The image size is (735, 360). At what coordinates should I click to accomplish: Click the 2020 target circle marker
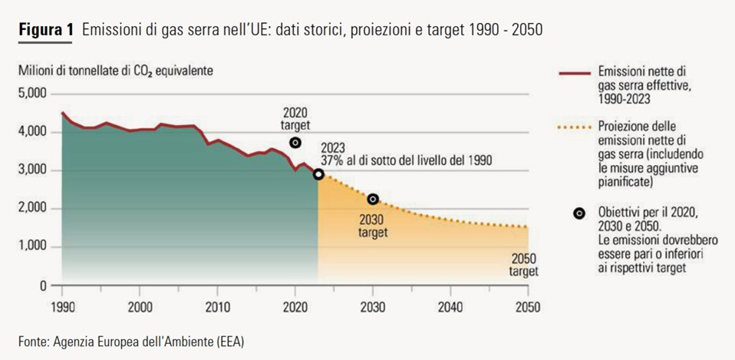pyautogui.click(x=295, y=143)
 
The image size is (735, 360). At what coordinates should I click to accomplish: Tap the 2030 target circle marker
pyautogui.click(x=373, y=199)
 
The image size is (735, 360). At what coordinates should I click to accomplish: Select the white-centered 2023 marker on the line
pyautogui.click(x=318, y=174)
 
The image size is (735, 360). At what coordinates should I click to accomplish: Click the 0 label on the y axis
pyautogui.click(x=44, y=285)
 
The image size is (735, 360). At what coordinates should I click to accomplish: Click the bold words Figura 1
pyautogui.click(x=45, y=31)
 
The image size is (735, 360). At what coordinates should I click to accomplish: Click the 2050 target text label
pyautogui.click(x=524, y=265)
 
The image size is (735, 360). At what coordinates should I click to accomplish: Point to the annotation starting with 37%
pyautogui.click(x=406, y=161)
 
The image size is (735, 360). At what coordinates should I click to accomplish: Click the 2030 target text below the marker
pyautogui.click(x=373, y=226)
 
